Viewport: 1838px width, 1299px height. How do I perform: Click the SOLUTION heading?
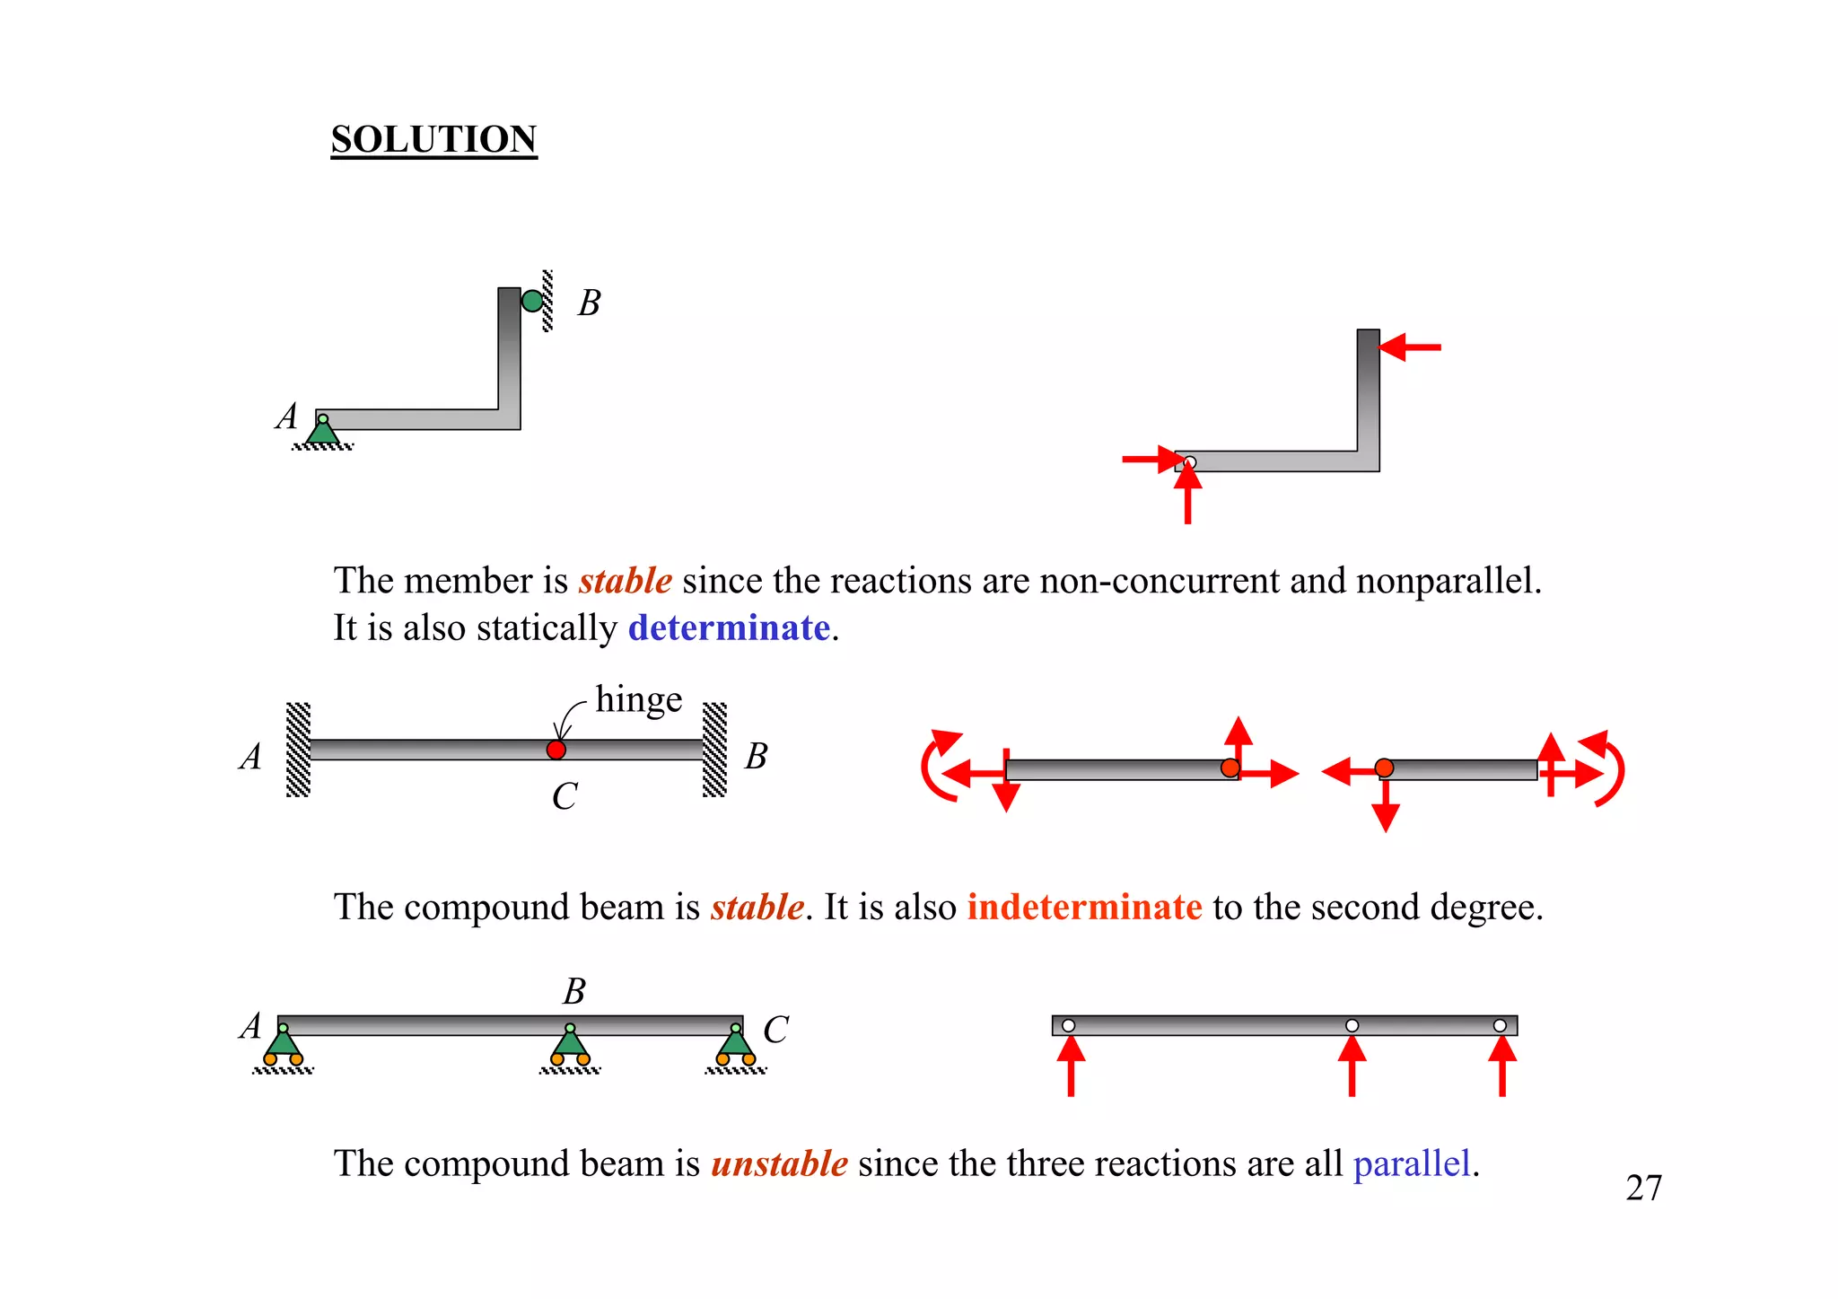433,139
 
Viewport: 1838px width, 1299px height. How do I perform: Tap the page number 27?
1643,1188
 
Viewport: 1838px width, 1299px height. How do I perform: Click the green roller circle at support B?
532,301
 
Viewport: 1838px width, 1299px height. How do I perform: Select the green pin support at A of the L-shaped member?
323,431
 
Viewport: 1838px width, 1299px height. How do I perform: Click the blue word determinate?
729,628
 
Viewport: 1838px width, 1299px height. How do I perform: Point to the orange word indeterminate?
1084,907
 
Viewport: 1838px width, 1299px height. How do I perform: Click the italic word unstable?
779,1163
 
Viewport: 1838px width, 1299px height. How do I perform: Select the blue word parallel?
1412,1163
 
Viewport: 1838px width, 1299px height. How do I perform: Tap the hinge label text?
638,699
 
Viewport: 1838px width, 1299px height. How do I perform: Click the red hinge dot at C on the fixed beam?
556,750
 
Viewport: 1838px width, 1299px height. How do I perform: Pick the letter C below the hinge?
564,796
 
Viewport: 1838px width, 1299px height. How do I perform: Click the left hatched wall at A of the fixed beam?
298,750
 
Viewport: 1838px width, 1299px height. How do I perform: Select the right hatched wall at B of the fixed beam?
714,750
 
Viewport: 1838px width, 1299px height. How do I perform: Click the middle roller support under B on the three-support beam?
570,1046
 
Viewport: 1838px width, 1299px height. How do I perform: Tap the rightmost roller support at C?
736,1046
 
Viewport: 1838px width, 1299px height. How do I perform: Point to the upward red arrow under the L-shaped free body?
1187,493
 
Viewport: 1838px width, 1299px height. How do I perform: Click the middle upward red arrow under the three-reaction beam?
1352,1066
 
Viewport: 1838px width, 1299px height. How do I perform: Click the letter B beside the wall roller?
589,303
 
